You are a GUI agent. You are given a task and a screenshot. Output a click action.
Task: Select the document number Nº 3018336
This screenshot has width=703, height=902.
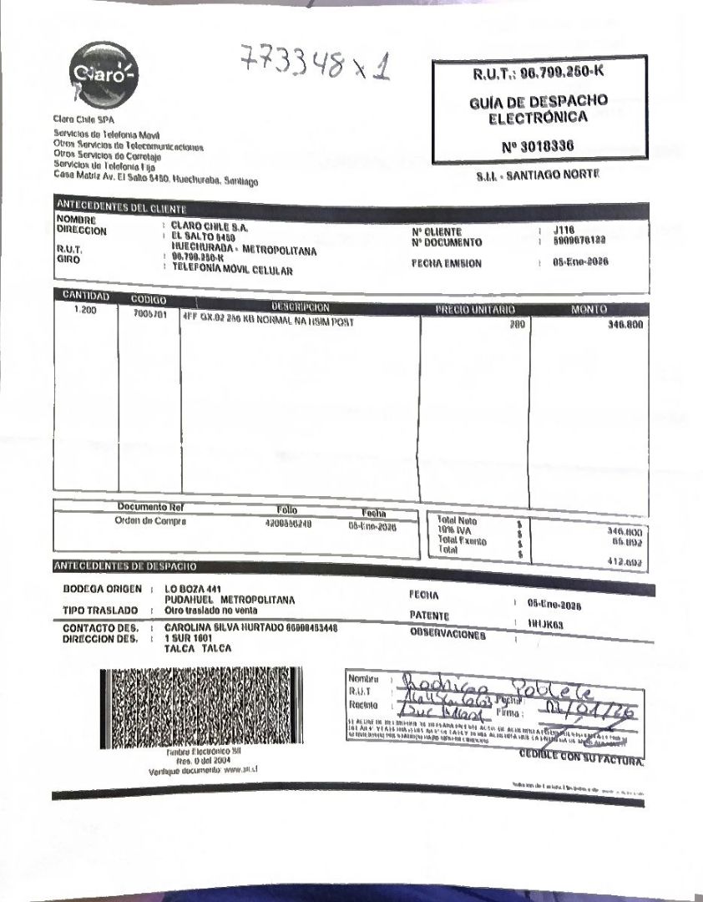[539, 146]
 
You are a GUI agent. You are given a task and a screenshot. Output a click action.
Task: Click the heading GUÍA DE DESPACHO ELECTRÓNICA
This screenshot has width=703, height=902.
[539, 109]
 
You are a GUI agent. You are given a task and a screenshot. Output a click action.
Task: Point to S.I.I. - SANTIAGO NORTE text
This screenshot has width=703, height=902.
[538, 176]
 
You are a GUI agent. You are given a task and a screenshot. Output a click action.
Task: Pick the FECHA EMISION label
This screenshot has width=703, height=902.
[446, 263]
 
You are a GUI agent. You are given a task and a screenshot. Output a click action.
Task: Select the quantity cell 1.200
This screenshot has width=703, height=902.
[86, 311]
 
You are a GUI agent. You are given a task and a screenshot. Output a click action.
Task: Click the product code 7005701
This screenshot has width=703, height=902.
[149, 315]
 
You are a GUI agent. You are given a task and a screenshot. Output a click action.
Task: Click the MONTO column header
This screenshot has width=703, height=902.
[589, 310]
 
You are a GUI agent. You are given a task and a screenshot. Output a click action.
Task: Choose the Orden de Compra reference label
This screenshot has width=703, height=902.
[150, 521]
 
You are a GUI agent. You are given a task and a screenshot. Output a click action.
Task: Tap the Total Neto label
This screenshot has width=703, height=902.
[457, 520]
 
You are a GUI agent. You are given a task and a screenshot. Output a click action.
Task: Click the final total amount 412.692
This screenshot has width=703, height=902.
[625, 562]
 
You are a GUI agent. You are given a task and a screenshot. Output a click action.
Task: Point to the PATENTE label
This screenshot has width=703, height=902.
[430, 616]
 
